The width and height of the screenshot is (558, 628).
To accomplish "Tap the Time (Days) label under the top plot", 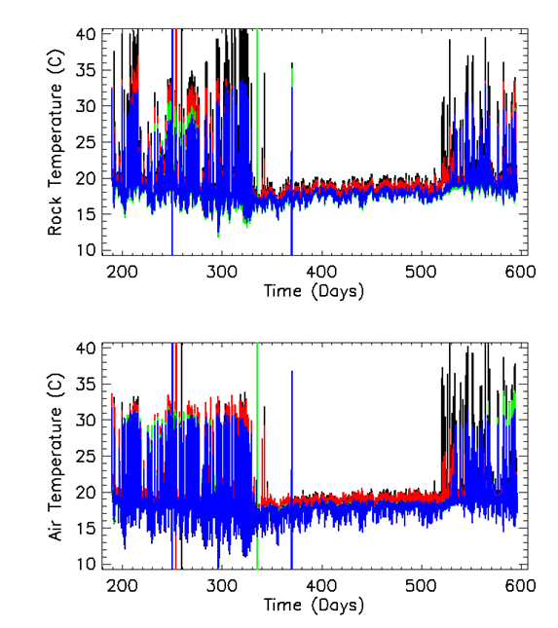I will click(x=314, y=291).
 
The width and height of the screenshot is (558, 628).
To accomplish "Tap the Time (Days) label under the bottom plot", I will click(x=314, y=606).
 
